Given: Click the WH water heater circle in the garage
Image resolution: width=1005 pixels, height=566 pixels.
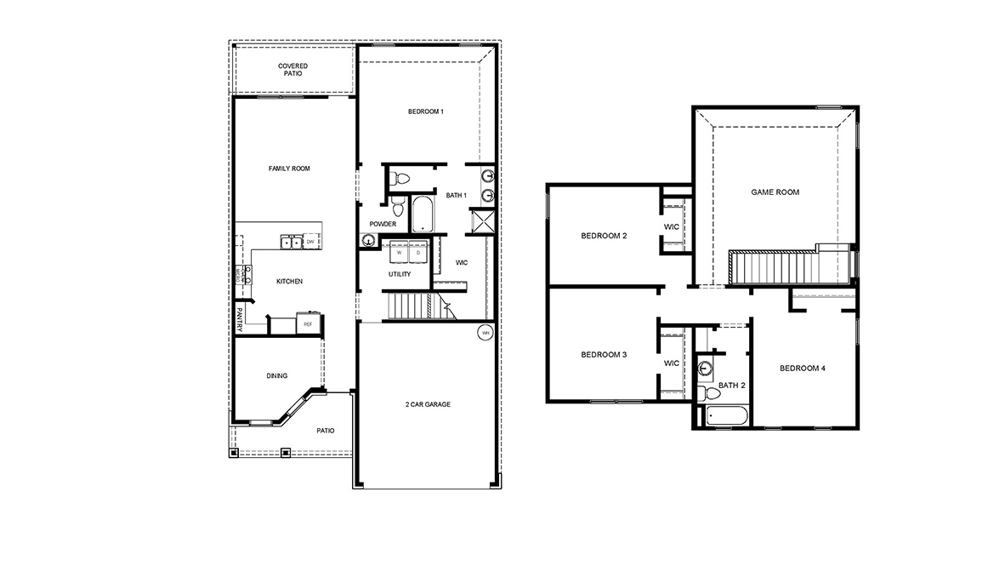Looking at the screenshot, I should (485, 332).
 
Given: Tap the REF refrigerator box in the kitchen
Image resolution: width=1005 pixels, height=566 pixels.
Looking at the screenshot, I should (308, 324).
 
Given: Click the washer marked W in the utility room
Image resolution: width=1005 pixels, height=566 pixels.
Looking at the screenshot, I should (398, 253).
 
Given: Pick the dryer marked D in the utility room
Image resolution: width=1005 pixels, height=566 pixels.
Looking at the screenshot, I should (417, 253).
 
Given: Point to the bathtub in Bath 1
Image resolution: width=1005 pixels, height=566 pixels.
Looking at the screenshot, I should (423, 214).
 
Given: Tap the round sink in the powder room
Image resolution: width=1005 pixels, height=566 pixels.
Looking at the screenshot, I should (368, 241).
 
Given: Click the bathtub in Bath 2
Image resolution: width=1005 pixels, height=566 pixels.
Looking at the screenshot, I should (722, 417).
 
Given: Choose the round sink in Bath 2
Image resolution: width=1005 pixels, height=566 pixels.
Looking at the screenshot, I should (706, 369).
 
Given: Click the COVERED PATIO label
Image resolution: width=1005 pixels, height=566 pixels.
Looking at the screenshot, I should (292, 70).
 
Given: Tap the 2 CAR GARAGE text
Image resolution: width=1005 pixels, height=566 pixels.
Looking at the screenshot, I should (428, 404).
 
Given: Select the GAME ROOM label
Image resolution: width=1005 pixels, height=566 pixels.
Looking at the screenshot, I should (775, 192).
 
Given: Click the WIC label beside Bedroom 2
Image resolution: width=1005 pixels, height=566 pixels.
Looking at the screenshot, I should (671, 226).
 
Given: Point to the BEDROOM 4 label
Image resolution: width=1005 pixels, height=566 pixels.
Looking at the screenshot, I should (803, 369).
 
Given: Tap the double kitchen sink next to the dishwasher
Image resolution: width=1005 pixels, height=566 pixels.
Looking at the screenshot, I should (291, 243).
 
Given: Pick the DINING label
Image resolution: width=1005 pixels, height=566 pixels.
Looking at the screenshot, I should (276, 375).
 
